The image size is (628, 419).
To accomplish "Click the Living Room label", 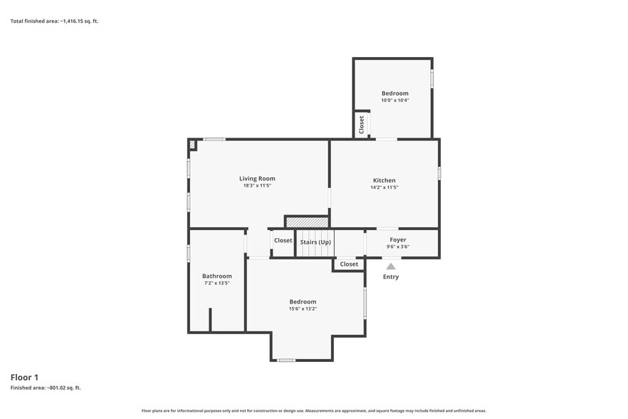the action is pos(257,178).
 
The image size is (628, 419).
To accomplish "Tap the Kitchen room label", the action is pos(384,180).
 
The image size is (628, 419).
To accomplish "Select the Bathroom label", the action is pos(216,276).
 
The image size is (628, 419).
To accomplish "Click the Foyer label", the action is pos(398,239).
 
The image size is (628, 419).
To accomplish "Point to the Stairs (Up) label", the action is pos(315,242).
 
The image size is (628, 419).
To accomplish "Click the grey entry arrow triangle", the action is pos(391,267).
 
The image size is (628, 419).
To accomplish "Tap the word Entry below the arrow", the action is pos(391,276).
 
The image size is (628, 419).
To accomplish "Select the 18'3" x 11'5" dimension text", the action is pos(257,186).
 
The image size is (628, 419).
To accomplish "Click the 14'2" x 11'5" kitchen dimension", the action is pos(384,187).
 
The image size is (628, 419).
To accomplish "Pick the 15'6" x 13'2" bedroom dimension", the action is pos(303,309).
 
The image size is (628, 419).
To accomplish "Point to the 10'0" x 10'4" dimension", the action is pos(395,100).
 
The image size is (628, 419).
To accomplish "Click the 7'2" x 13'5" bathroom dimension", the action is pos(216,283).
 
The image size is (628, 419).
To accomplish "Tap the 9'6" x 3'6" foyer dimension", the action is pos(398,247).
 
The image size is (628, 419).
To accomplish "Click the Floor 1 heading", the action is pos(24,377).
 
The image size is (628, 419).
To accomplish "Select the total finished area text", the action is pos(54,21).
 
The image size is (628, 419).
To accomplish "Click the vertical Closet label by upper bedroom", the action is pos(361,125).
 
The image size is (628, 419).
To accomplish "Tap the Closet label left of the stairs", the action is pos(283,241).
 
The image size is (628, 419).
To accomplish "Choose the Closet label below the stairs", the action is pos(349,264).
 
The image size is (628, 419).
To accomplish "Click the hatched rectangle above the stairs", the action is pos(307,222).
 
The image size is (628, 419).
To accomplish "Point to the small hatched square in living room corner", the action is pos(192,145).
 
